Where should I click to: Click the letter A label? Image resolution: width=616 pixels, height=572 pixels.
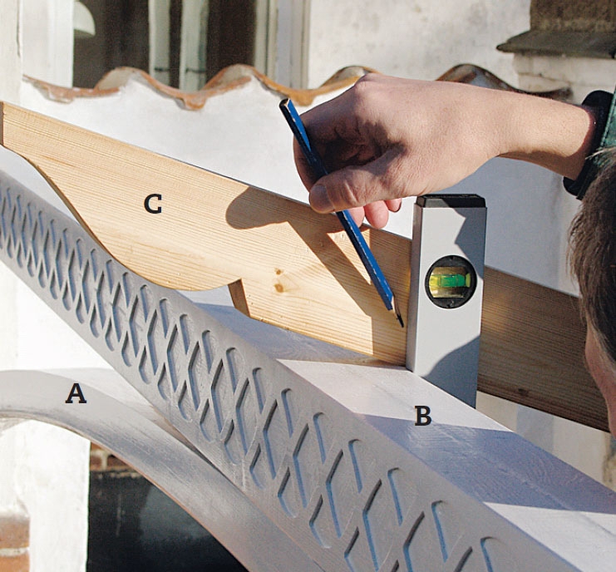(76, 394)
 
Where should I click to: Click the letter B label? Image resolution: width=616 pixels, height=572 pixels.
(423, 416)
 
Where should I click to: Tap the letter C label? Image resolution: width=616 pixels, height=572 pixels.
(153, 205)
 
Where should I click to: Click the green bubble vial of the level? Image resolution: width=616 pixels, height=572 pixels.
(451, 280)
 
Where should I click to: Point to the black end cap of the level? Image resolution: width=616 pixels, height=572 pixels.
(451, 200)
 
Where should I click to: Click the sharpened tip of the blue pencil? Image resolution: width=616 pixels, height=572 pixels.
(401, 323)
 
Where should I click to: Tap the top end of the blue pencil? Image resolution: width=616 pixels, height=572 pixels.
(284, 102)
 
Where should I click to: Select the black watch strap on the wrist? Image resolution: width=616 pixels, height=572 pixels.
(590, 145)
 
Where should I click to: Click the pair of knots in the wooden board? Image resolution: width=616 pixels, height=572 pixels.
(279, 280)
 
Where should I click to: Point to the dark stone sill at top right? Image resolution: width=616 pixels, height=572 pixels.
(558, 43)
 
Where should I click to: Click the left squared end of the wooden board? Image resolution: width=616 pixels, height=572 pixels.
(3, 124)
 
